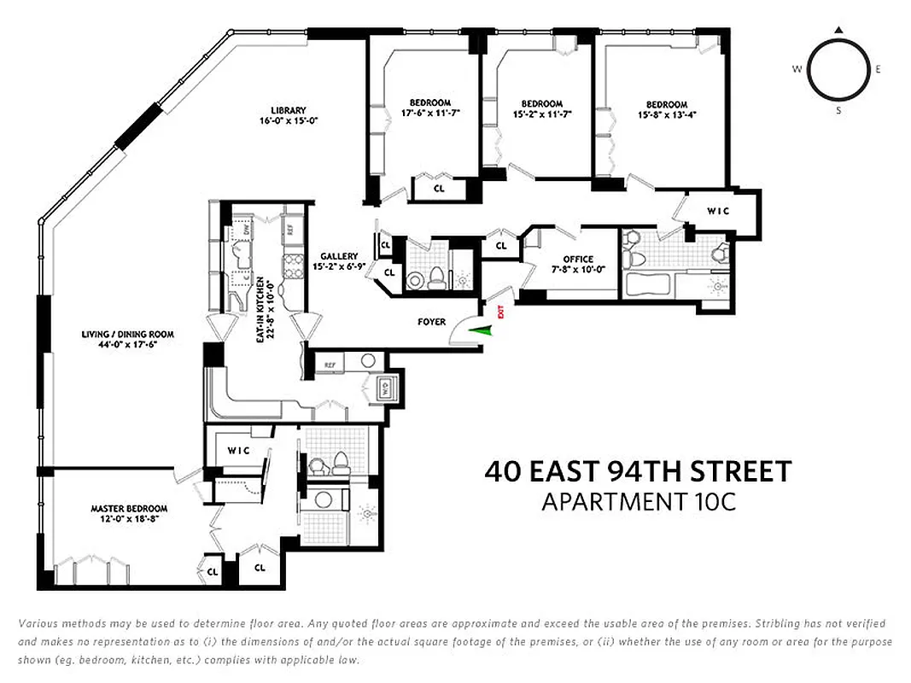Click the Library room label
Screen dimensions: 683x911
(x=289, y=110)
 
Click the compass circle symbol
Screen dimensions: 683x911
(x=838, y=70)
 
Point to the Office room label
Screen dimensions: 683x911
(x=578, y=260)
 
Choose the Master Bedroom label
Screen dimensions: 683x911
(x=129, y=509)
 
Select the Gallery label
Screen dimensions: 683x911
(x=339, y=256)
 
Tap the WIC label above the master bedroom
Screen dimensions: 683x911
(x=239, y=451)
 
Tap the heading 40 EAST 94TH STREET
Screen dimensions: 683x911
(x=638, y=471)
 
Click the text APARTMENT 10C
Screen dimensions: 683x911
(x=638, y=501)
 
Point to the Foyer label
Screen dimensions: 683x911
(x=431, y=322)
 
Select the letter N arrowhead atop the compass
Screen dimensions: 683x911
(x=839, y=31)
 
